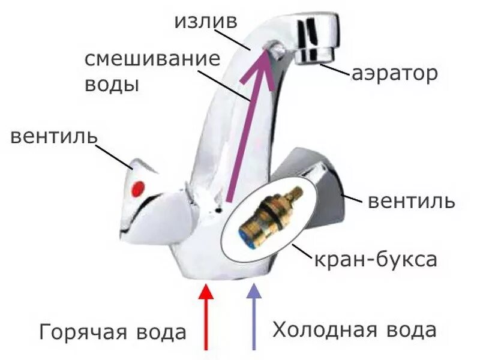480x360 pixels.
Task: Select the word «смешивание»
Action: pyautogui.click(x=149, y=60)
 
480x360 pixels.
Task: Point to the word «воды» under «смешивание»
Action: pyautogui.click(x=112, y=84)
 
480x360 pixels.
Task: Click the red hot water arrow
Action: pyautogui.click(x=206, y=318)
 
